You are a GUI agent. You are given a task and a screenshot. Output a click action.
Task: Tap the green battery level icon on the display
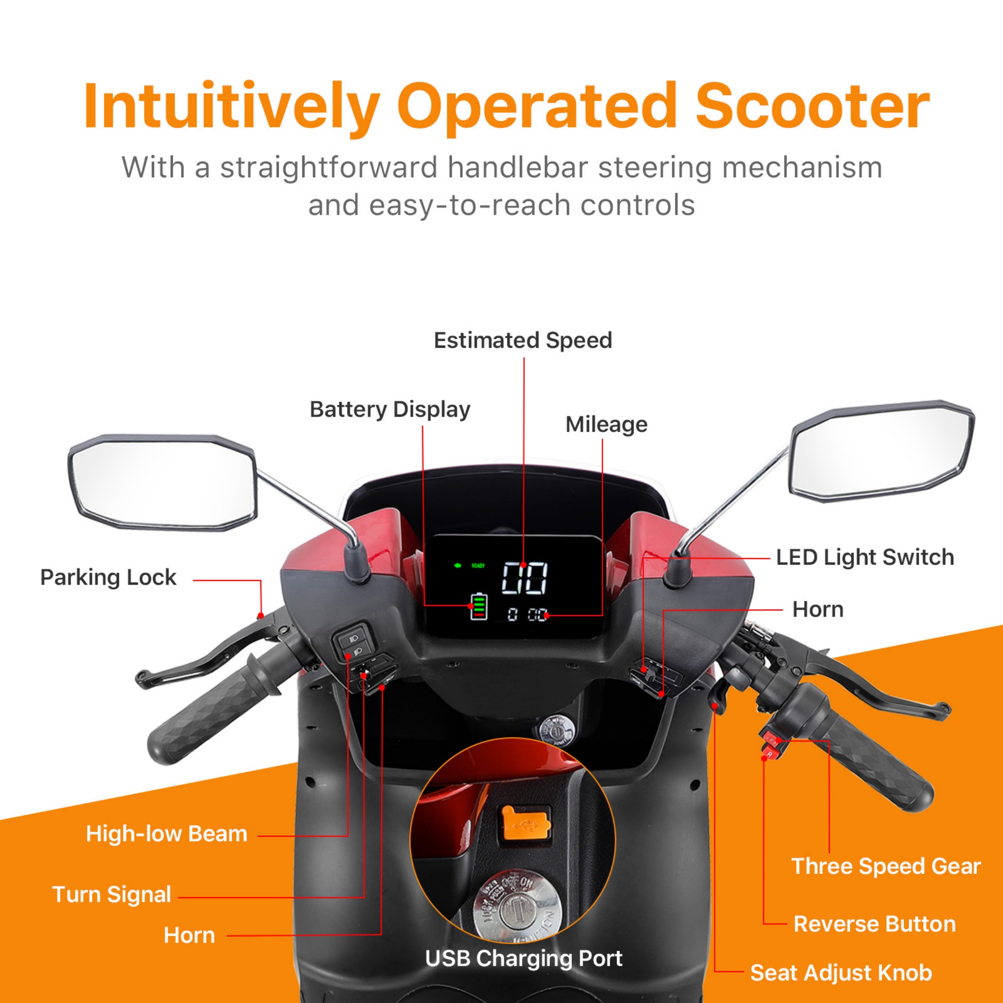coord(478,606)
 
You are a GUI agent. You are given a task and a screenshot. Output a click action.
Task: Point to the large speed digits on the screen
coord(524,578)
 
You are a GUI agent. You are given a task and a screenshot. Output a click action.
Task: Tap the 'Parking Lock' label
coord(108,577)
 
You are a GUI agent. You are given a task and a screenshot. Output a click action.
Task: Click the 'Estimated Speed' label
coord(523,341)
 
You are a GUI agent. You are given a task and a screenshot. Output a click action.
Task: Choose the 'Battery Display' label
coord(390,409)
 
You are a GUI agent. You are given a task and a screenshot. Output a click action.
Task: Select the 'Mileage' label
coord(606,424)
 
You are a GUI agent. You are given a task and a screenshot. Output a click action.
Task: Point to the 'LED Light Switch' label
coord(865,557)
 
